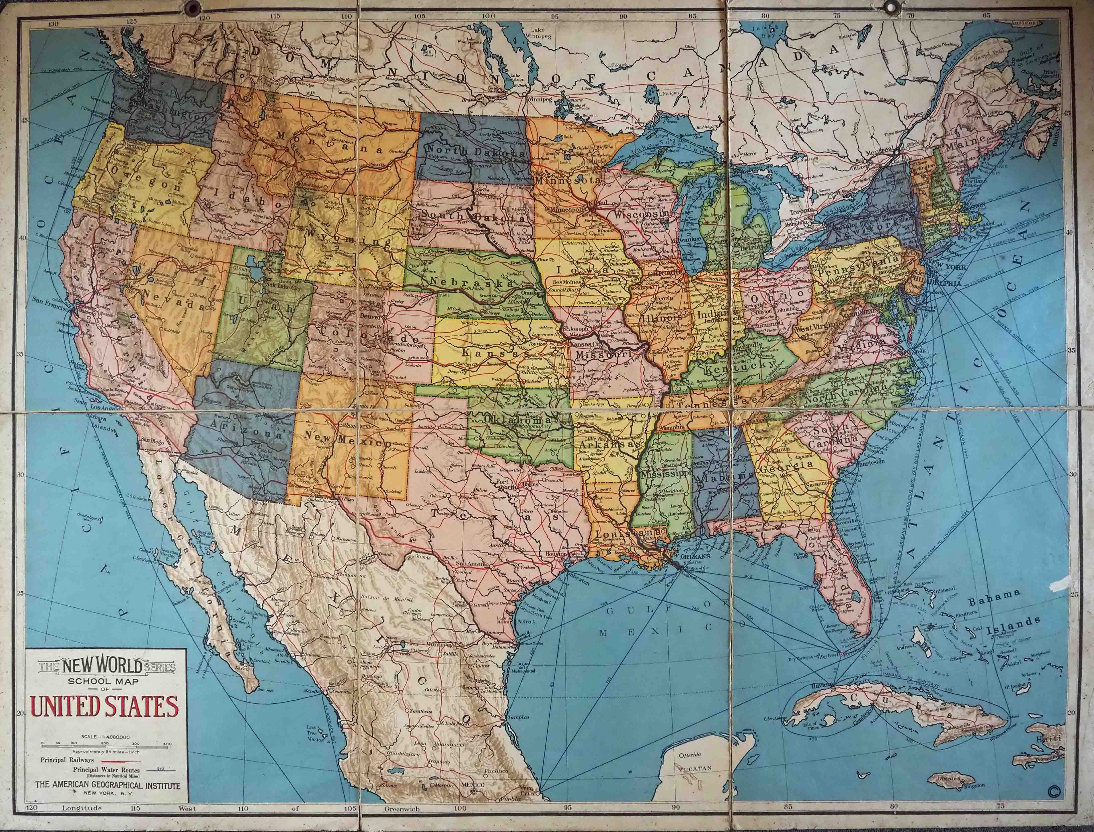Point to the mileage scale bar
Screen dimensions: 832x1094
click(107, 743)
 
